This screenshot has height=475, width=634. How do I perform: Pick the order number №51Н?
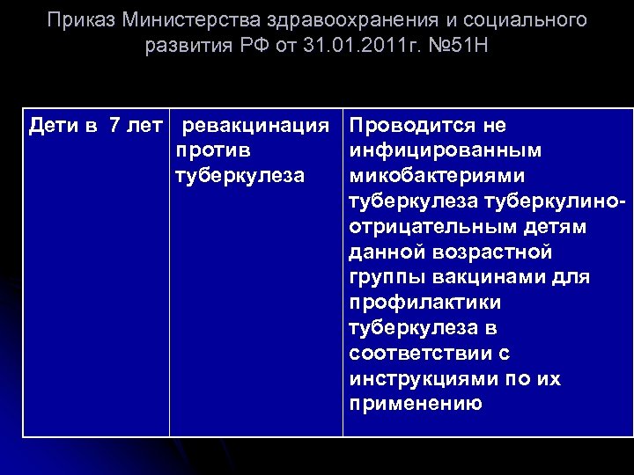[x=454, y=45]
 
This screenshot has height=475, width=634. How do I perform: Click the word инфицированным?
[x=445, y=151]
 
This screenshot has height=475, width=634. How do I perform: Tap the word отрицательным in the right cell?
[x=418, y=228]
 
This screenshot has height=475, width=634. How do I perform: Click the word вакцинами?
[x=483, y=278]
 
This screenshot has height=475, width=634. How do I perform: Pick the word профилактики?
[x=424, y=303]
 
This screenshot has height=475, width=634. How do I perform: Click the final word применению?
[x=416, y=405]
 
